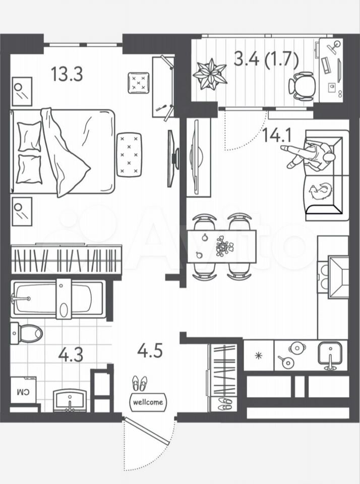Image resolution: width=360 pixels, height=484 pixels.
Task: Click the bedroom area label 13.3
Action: [67, 75]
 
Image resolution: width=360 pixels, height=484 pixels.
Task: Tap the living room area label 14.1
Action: [277, 135]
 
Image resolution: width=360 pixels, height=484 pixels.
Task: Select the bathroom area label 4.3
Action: [71, 354]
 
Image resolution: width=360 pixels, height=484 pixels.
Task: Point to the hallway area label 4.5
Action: [150, 351]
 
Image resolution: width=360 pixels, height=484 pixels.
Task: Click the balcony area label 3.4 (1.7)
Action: [266, 59]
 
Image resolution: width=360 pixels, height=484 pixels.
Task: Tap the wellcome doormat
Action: [148, 402]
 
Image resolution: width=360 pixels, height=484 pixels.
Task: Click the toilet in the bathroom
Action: [27, 333]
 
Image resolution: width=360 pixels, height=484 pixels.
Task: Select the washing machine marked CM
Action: [23, 390]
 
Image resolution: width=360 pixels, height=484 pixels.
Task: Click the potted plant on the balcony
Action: [210, 74]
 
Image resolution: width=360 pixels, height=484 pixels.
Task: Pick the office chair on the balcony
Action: [301, 86]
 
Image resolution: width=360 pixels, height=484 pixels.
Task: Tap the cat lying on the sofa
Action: [321, 192]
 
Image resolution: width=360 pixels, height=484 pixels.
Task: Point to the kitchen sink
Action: [330, 354]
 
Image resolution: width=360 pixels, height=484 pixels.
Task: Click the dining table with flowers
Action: [222, 247]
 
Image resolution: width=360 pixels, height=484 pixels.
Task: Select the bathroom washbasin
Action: [70, 400]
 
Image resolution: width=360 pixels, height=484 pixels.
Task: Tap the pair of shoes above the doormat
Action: [140, 383]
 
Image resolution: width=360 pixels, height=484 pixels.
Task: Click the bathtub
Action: [58, 299]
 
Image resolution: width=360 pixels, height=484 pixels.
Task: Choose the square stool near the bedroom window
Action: [139, 83]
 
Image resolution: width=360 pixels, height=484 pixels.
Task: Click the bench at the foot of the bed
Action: [129, 155]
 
